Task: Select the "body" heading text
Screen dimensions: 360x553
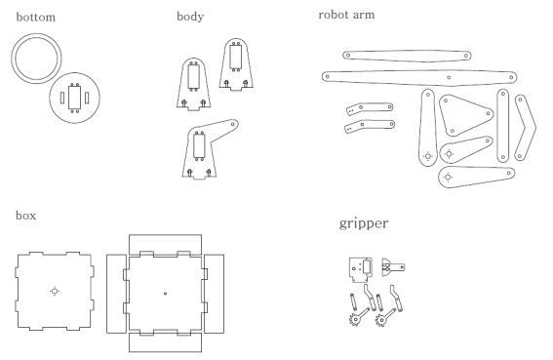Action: (x=190, y=17)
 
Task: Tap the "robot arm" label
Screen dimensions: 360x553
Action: (x=346, y=15)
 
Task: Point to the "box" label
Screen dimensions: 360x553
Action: (x=26, y=215)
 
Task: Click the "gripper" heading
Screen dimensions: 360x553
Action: (x=364, y=223)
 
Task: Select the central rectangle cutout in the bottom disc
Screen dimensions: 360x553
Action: (x=74, y=99)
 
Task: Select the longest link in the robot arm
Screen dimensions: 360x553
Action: (x=419, y=75)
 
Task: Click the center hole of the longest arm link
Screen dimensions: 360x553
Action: (x=448, y=76)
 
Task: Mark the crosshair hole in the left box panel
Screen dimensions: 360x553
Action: (x=55, y=290)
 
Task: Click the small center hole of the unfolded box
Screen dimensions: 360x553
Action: (x=165, y=293)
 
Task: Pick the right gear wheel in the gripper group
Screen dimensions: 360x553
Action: (x=378, y=318)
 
